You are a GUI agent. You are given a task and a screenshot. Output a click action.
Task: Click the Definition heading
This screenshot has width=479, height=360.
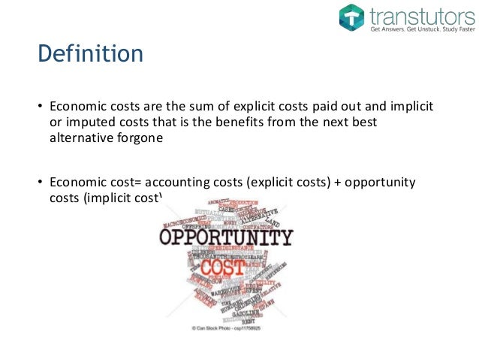[90, 54]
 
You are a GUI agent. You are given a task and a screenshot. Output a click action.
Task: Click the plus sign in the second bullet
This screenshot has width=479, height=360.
[335, 183]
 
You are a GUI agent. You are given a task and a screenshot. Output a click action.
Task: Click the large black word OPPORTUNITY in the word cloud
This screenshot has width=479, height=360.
[224, 238]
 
